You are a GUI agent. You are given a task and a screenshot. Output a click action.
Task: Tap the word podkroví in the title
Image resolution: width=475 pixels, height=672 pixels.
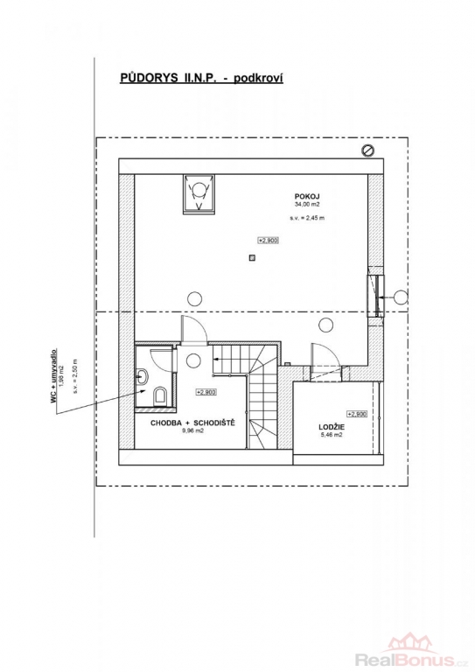[258, 79]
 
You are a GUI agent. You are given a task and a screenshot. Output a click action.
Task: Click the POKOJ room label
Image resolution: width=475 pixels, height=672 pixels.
[307, 197]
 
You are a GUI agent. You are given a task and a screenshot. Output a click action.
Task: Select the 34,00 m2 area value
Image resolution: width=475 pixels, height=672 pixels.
[307, 205]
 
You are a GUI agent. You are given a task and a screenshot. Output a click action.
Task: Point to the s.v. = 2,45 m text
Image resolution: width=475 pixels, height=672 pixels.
[307, 218]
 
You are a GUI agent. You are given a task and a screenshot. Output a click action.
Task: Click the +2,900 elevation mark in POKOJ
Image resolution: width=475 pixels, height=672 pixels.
[269, 241]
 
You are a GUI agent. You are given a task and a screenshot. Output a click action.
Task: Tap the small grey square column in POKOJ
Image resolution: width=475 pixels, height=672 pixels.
[253, 258]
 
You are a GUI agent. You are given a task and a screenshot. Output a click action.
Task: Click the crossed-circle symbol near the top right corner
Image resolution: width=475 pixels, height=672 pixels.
[368, 150]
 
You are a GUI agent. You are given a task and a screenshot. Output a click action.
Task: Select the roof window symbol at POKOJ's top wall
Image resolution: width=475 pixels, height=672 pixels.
[199, 193]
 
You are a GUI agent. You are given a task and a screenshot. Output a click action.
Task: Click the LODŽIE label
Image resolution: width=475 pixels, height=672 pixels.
[332, 427]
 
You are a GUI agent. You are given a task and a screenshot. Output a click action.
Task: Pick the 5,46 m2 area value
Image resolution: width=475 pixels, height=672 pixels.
[332, 435]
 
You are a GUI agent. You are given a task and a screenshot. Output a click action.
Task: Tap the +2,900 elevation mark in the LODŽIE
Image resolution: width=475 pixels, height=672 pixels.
[357, 414]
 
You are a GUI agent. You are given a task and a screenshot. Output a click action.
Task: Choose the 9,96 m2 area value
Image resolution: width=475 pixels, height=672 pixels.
[192, 431]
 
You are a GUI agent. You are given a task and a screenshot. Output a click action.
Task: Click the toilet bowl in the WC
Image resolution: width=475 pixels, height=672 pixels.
[159, 395]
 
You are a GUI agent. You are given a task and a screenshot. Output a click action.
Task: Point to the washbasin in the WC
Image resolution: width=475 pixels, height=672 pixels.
[143, 377]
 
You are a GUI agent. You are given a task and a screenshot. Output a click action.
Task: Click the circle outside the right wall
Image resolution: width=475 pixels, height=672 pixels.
[401, 297]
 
